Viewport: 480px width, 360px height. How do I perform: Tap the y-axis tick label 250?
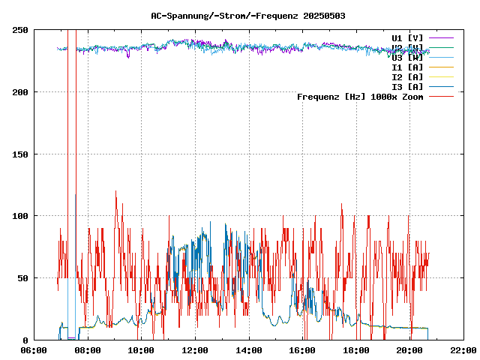point(20,30)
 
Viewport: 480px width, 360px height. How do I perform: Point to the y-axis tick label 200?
point(20,92)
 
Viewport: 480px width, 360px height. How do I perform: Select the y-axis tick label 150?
point(20,154)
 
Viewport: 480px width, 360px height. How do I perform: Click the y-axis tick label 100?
point(20,216)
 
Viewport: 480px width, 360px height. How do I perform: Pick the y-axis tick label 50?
point(22,278)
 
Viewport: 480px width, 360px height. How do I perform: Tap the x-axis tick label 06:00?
point(34,350)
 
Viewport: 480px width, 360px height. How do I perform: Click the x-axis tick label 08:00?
point(88,350)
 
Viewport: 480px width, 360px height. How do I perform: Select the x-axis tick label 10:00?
point(142,350)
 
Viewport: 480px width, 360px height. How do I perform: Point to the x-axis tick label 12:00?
point(195,350)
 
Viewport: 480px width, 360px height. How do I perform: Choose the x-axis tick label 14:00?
point(249,350)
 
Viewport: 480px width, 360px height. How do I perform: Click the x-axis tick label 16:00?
point(302,350)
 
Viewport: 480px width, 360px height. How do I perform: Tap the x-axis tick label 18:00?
point(356,350)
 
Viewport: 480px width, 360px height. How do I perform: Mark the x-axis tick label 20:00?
point(409,350)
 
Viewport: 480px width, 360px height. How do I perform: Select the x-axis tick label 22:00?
point(463,350)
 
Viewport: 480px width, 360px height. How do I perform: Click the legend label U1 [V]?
point(407,37)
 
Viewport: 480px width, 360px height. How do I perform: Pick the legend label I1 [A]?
point(407,67)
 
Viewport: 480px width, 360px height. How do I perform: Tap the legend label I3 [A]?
point(407,86)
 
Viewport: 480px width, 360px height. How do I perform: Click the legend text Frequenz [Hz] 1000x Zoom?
point(360,97)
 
